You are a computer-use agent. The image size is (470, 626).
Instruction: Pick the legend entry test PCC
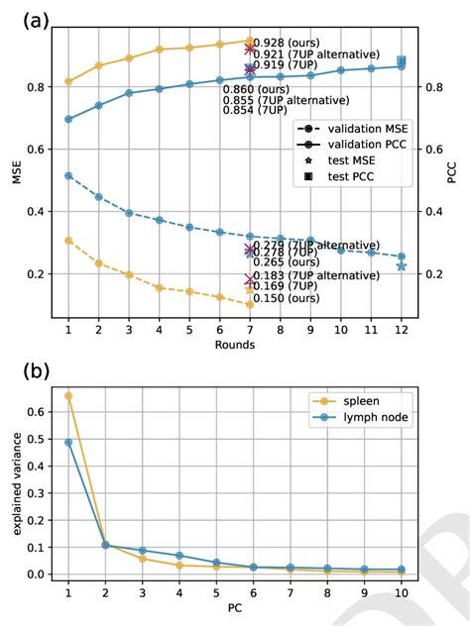(346, 176)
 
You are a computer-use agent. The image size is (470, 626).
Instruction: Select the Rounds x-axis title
(235, 345)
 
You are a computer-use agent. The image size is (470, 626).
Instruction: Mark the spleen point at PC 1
(68, 396)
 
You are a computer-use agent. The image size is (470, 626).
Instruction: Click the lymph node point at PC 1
(68, 442)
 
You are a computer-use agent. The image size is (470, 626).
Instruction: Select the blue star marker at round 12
(402, 266)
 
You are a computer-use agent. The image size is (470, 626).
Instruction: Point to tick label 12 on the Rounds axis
(402, 328)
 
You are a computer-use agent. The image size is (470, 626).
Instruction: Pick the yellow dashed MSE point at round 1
(68, 241)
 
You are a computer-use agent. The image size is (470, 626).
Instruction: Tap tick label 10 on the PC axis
(402, 592)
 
